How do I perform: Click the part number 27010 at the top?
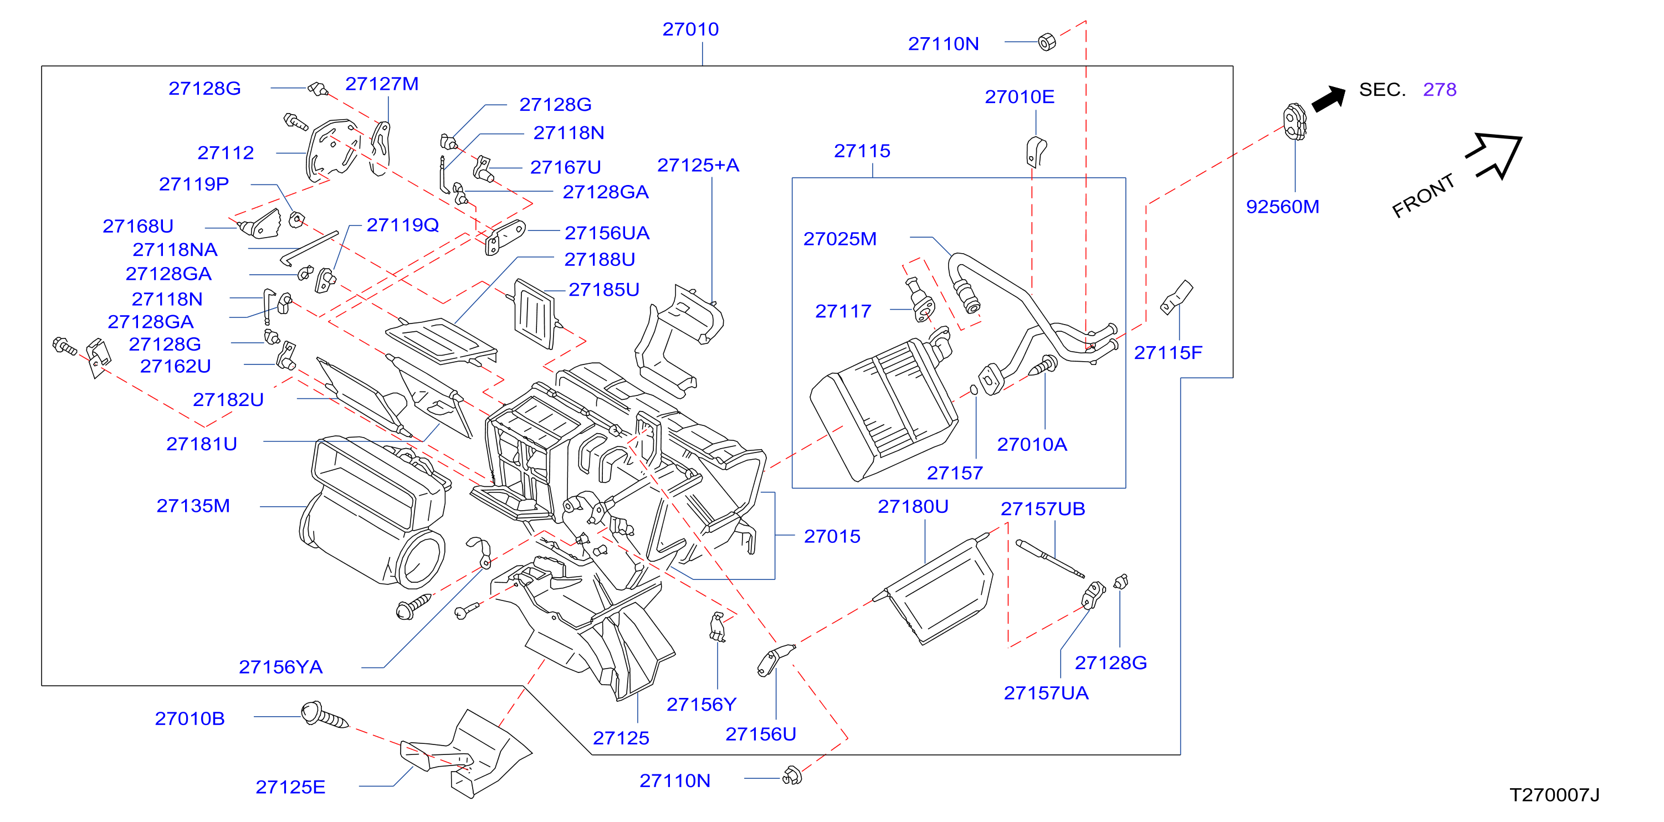click(x=690, y=29)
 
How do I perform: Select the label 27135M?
click(x=193, y=506)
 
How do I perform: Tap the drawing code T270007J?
click(x=1554, y=795)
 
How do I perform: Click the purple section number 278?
click(x=1440, y=89)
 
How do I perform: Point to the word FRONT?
click(x=1423, y=195)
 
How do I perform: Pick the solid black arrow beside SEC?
click(x=1329, y=99)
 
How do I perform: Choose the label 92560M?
click(x=1282, y=207)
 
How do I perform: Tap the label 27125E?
click(x=290, y=787)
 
